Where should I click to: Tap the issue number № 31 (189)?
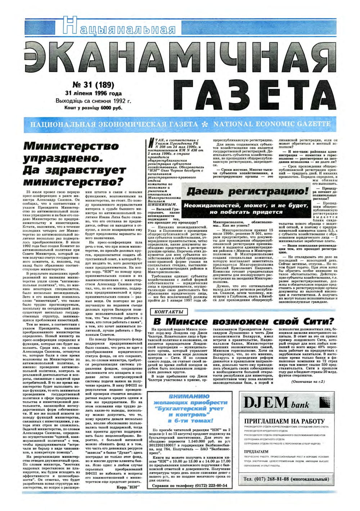(x=93, y=85)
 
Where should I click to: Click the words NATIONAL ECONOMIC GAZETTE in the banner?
(x=272, y=124)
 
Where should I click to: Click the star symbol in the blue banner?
(x=206, y=124)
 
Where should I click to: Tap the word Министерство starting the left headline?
(x=71, y=146)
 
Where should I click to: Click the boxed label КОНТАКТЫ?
(x=169, y=312)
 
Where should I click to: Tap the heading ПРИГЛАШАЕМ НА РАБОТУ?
(x=284, y=421)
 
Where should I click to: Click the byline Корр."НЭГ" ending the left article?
(x=128, y=487)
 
